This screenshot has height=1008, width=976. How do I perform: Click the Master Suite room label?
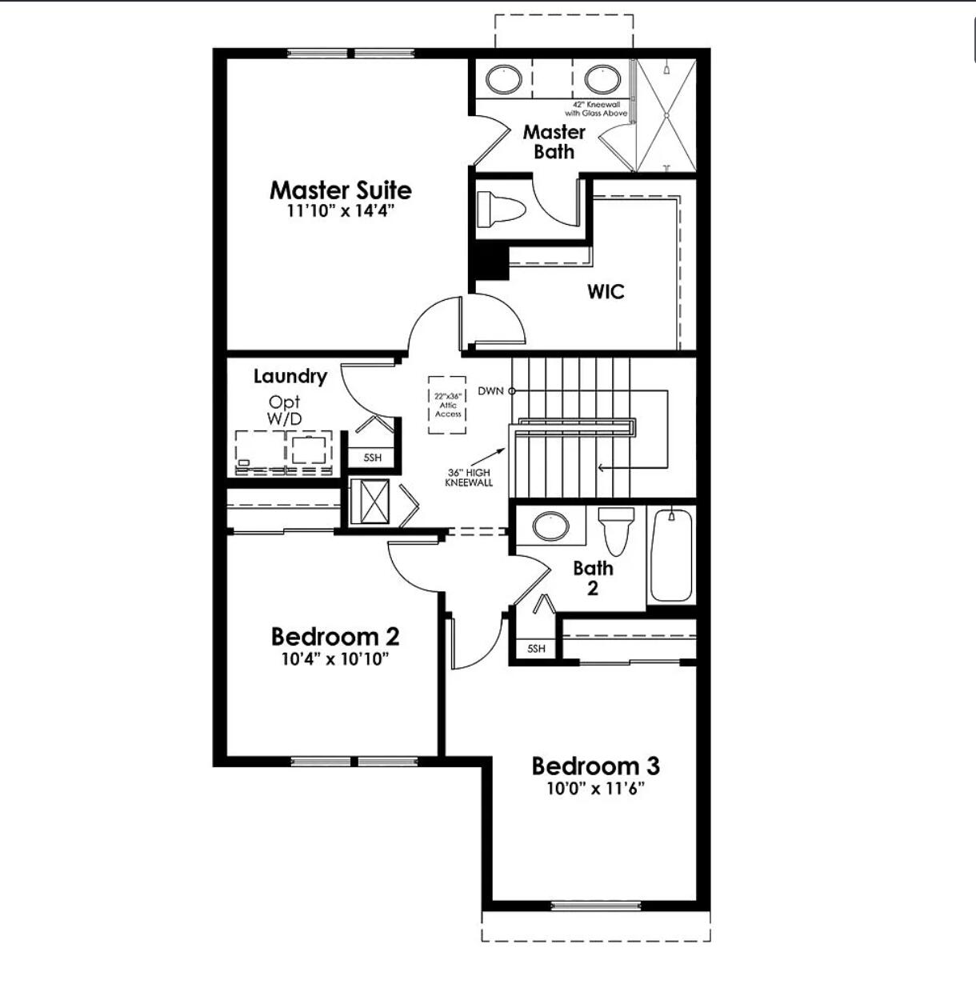341,190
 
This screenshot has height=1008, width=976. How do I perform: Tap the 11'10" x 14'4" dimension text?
341,212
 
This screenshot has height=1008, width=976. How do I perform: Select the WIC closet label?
606,291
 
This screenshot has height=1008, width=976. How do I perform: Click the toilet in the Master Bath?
499,210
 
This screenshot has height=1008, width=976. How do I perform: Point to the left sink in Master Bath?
505,79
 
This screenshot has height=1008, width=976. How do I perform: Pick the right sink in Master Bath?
602,79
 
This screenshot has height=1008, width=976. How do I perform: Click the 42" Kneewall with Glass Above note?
596,109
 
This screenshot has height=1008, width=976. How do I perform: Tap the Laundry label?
290,376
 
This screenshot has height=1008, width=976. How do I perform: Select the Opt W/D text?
285,410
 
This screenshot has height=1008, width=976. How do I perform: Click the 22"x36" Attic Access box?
448,405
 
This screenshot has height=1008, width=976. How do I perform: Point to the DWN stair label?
491,391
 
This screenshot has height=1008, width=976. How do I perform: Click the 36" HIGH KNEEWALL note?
469,478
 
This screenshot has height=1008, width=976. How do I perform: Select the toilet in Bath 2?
617,530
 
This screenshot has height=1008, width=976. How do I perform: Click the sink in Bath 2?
550,526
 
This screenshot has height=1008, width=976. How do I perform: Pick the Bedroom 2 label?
335,637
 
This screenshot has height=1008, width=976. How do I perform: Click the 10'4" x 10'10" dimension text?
335,659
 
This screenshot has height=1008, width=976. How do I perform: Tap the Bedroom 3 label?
596,766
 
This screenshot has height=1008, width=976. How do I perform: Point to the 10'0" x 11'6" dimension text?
596,789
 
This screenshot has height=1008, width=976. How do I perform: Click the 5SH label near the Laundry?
372,458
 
